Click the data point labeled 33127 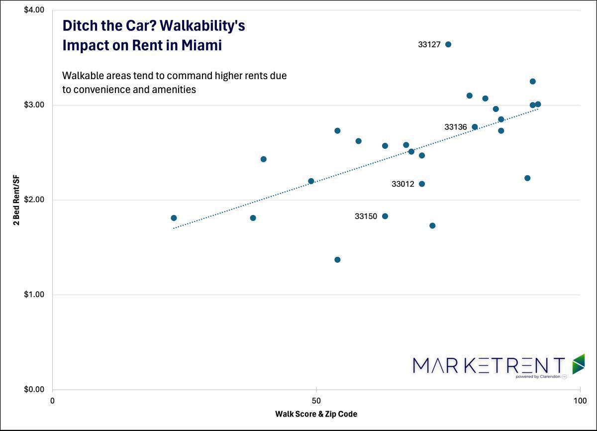[x=448, y=44]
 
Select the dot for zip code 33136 [x=475, y=127]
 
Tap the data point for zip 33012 [x=422, y=184]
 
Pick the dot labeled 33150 [x=385, y=216]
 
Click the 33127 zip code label [x=429, y=44]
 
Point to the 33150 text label [x=366, y=216]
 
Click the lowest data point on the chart [x=337, y=260]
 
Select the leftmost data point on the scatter [x=174, y=218]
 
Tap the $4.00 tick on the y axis [x=34, y=10]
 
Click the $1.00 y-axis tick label [x=34, y=295]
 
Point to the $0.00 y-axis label [x=34, y=389]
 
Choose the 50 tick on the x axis [x=316, y=401]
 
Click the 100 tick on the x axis [x=580, y=401]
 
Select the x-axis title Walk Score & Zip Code [x=316, y=414]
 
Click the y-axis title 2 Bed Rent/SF [x=17, y=200]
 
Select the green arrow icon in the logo [x=578, y=364]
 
